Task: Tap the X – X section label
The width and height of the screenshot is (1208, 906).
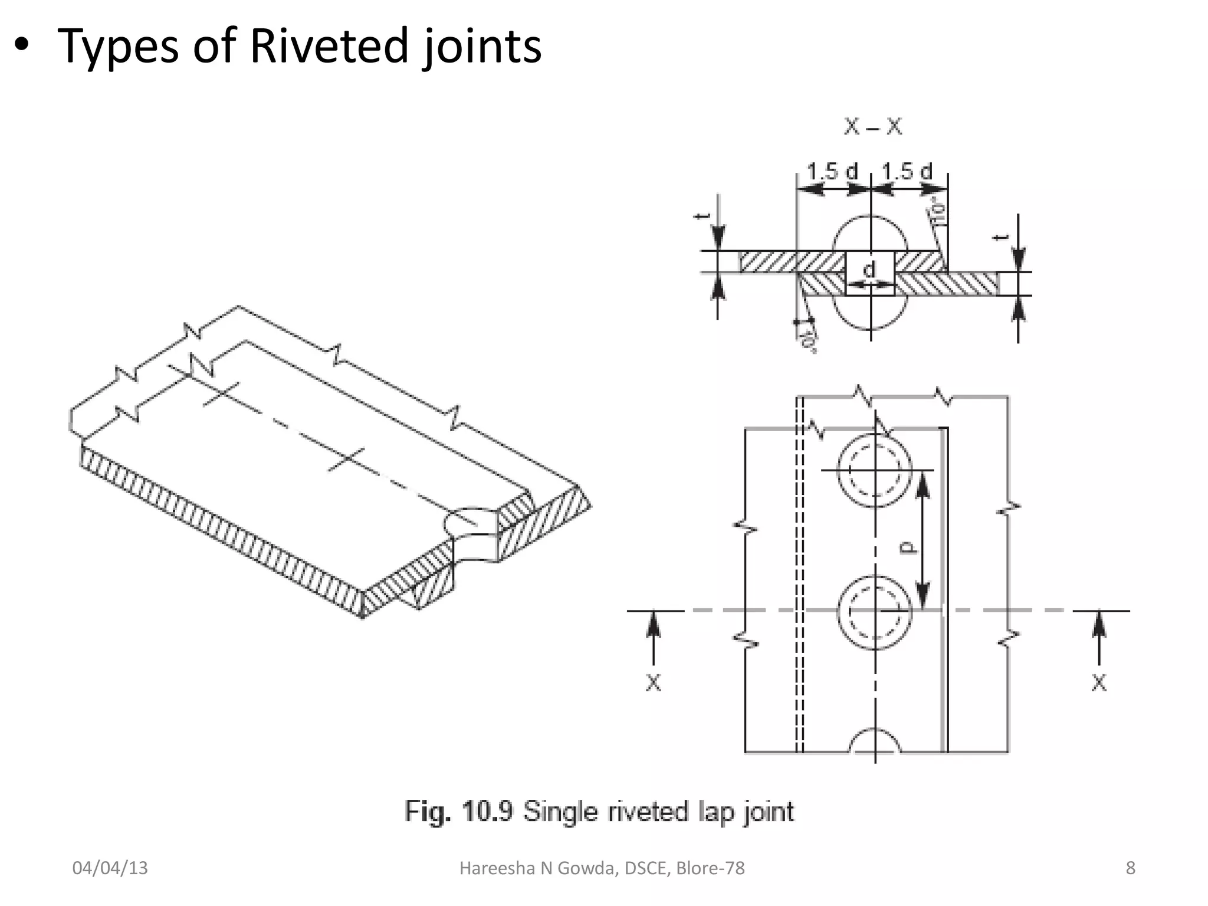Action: pyautogui.click(x=872, y=127)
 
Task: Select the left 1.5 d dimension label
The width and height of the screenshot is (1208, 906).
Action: pyautogui.click(x=832, y=172)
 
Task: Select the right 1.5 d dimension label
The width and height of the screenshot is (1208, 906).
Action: pyautogui.click(x=907, y=172)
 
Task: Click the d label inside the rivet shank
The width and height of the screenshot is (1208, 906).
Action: pyautogui.click(x=869, y=270)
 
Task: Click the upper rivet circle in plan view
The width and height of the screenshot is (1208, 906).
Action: pyautogui.click(x=875, y=470)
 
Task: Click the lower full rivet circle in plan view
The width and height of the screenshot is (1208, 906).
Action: pyautogui.click(x=875, y=612)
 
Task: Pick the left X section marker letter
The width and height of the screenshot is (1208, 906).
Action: pyautogui.click(x=653, y=683)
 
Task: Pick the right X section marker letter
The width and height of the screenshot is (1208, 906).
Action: pyautogui.click(x=1098, y=683)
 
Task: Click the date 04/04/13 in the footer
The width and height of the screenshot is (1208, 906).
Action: pyautogui.click(x=110, y=868)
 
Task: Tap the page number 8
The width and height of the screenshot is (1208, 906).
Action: pyautogui.click(x=1130, y=868)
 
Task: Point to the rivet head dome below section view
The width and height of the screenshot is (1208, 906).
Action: pyautogui.click(x=871, y=313)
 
